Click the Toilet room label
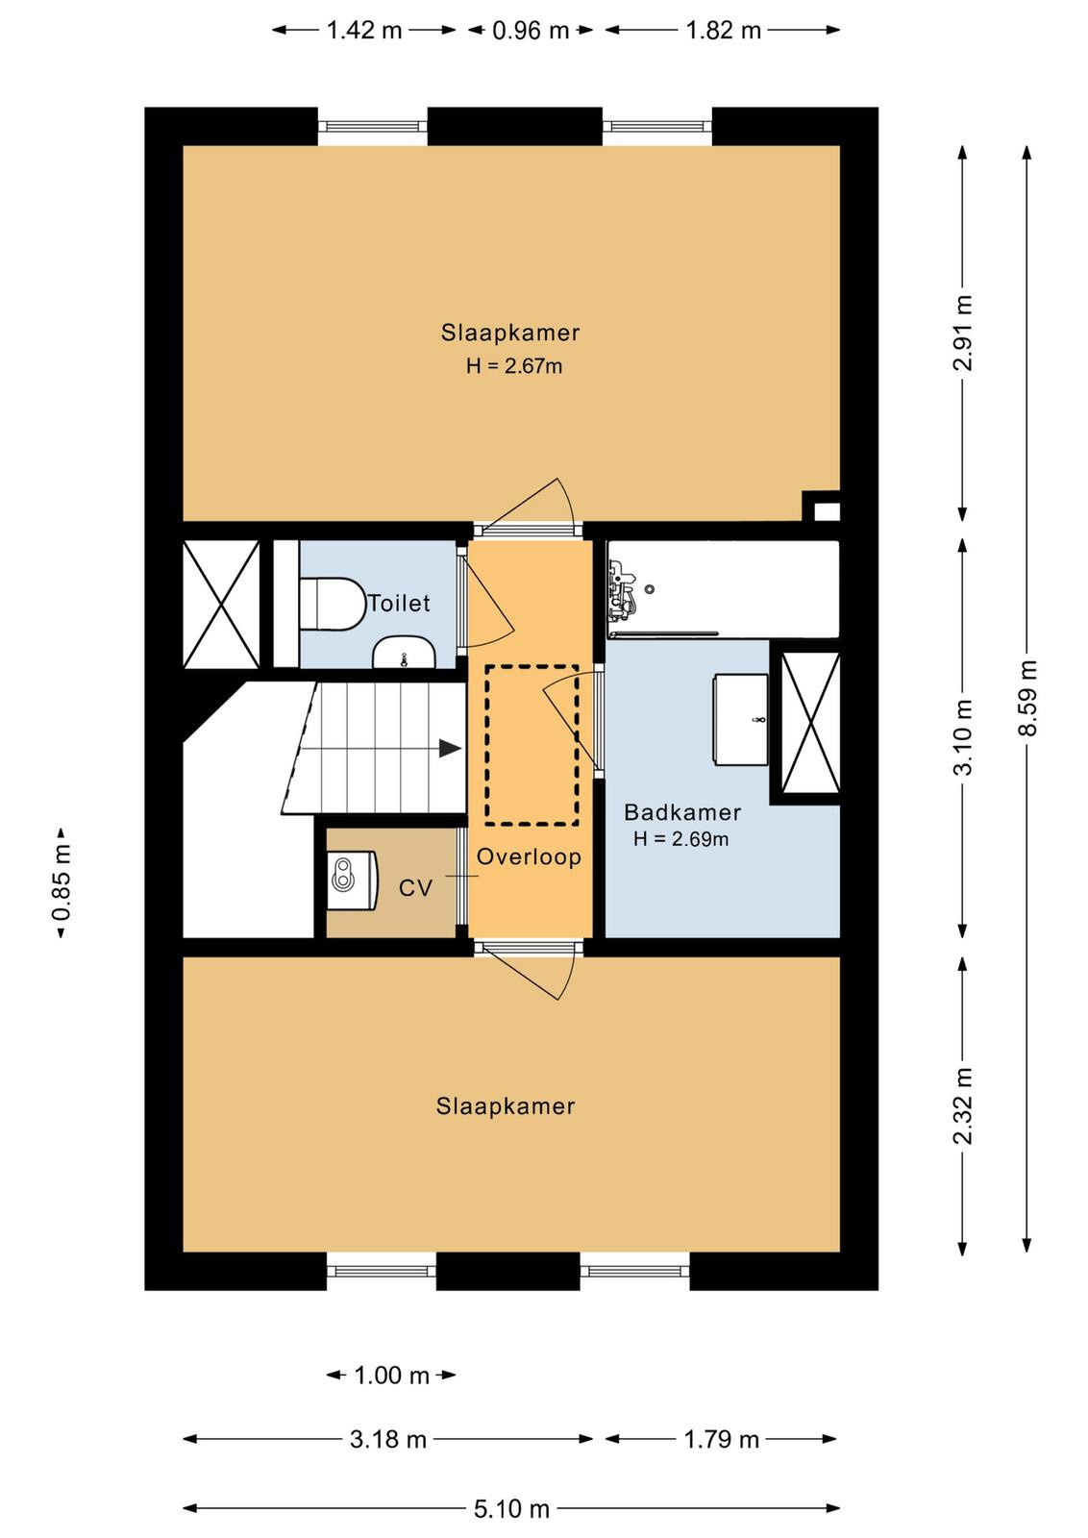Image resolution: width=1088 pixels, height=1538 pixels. pos(399,604)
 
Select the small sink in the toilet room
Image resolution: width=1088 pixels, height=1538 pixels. pos(404,653)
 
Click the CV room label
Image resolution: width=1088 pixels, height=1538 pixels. pos(415,888)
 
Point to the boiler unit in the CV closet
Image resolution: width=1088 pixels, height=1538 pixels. pos(353,881)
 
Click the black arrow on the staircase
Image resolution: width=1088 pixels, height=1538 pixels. pos(450,749)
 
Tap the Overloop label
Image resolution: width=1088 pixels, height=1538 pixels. pos(529,856)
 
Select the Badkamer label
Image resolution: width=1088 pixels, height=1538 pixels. pos(682,813)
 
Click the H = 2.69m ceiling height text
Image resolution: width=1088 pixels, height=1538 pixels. pos(680,839)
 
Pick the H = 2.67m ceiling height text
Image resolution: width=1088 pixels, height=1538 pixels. pos(514,366)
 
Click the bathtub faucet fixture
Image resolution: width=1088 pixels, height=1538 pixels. pos(622,587)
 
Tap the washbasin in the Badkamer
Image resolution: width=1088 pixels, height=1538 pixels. pos(740,719)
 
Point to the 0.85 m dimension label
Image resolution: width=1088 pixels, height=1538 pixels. pos(62,881)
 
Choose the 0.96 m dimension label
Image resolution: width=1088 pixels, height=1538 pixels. pos(531,31)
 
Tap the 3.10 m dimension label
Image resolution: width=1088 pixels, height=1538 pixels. pos(964,736)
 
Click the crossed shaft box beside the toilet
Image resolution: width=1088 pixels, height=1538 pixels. pos(221,604)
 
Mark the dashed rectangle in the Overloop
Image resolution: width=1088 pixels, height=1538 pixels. pos(532,745)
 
